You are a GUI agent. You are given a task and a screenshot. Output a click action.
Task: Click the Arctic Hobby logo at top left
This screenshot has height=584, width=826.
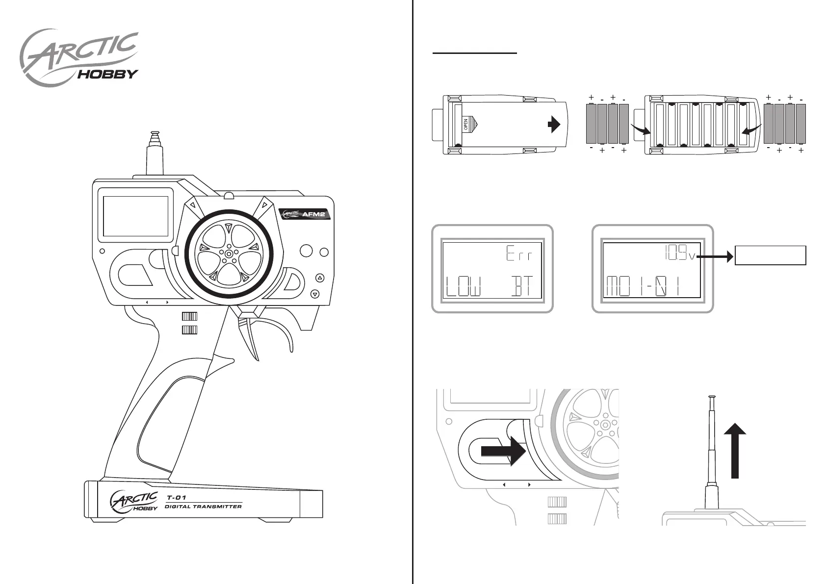[78, 59]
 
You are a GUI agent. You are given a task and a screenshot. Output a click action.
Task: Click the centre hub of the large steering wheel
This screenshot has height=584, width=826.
[229, 252]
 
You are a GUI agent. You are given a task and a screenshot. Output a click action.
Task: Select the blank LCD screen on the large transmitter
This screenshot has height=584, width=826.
[135, 216]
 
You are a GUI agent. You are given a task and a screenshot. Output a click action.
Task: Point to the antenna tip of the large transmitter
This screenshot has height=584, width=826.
[154, 133]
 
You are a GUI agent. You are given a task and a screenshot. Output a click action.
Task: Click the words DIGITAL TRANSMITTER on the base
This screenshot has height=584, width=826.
[203, 507]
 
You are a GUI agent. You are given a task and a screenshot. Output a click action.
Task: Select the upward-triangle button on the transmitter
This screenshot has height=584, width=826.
[320, 278]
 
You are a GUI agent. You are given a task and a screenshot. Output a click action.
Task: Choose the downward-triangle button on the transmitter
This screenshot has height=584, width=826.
[315, 294]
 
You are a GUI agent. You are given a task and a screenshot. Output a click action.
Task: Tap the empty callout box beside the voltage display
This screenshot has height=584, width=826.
[770, 255]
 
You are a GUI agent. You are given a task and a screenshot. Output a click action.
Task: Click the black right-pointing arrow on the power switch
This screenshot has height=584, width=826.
[503, 452]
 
